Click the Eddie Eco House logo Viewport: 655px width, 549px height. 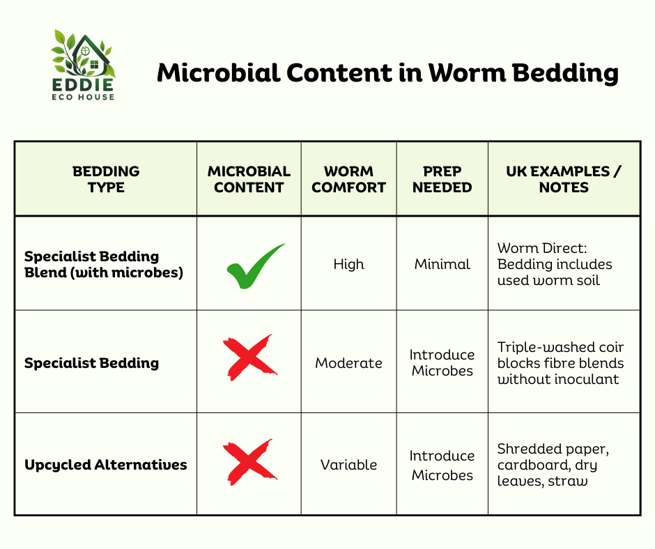pyautogui.click(x=83, y=65)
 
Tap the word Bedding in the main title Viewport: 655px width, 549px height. pyautogui.click(x=565, y=74)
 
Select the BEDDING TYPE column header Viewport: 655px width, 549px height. pyautogui.click(x=106, y=179)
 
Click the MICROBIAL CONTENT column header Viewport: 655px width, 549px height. pyautogui.click(x=249, y=179)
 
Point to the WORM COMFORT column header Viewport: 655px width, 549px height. pyautogui.click(x=349, y=179)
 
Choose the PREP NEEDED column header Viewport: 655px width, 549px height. pyautogui.click(x=442, y=179)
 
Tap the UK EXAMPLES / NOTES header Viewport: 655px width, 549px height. pyautogui.click(x=564, y=179)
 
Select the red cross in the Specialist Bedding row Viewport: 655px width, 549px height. pyautogui.click(x=249, y=358)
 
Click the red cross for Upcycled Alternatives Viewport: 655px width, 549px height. pyautogui.click(x=249, y=463)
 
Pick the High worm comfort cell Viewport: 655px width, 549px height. pyautogui.click(x=349, y=264)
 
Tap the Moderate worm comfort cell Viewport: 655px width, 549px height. pyautogui.click(x=349, y=363)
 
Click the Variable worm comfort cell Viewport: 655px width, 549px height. pyautogui.click(x=349, y=465)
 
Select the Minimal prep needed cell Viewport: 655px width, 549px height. pyautogui.click(x=442, y=264)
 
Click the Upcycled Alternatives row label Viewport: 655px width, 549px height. pyautogui.click(x=106, y=465)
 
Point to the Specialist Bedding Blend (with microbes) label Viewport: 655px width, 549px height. pyautogui.click(x=104, y=264)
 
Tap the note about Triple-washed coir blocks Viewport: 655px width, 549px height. pyautogui.click(x=560, y=363)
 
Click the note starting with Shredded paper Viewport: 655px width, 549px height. pyautogui.click(x=553, y=465)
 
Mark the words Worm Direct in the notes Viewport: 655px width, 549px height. pyautogui.click(x=542, y=248)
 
